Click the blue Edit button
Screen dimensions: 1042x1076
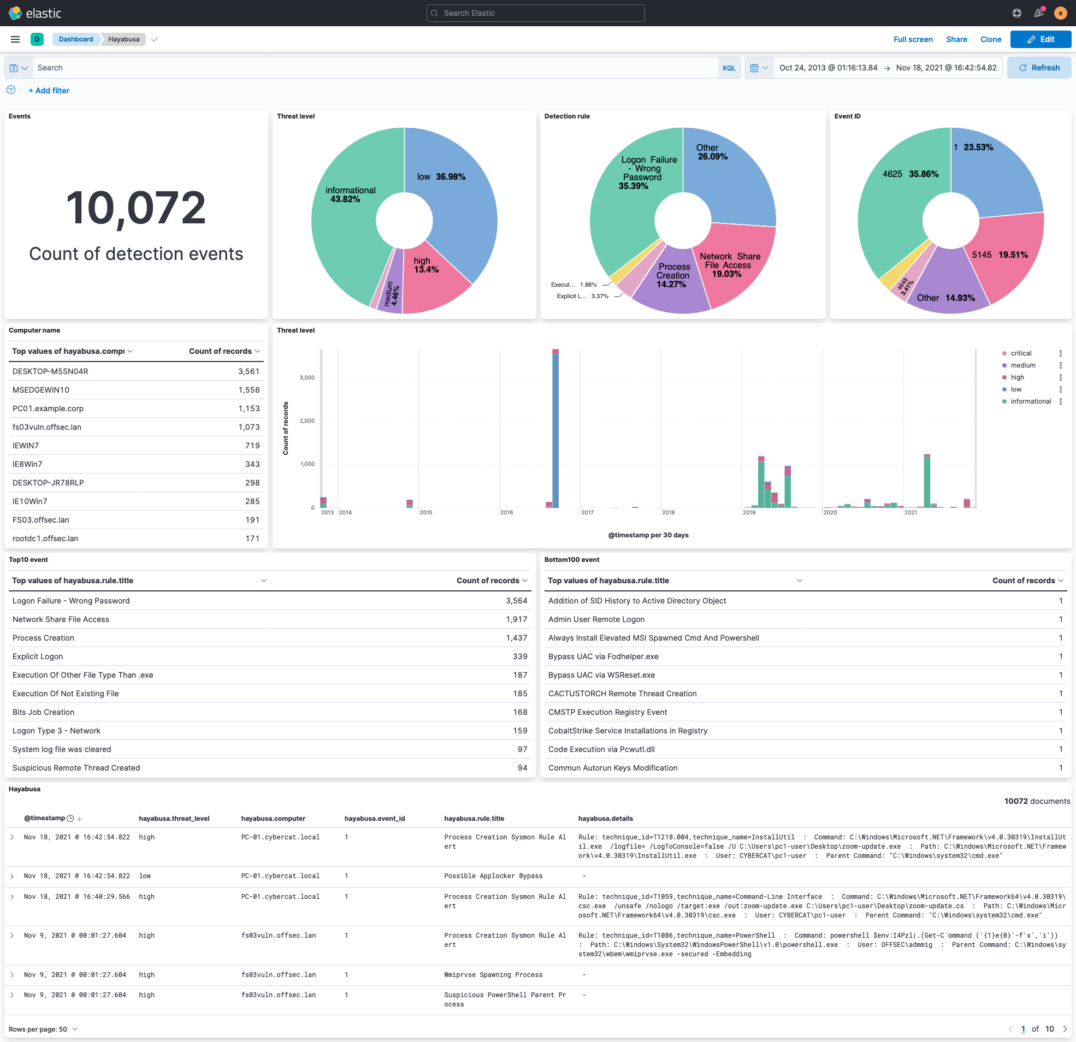point(1040,39)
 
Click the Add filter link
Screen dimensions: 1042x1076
point(49,91)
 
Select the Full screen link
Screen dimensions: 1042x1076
point(912,39)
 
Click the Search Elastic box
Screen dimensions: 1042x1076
point(535,13)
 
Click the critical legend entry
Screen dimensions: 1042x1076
point(1020,353)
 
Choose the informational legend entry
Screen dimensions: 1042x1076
point(1031,401)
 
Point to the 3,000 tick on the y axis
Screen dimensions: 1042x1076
point(307,378)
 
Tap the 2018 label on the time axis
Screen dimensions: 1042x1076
point(668,512)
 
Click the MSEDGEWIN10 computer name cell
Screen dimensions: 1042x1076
point(41,390)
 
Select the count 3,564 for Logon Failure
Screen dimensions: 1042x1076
point(516,601)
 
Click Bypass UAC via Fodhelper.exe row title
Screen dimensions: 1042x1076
point(603,656)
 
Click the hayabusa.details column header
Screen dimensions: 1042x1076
point(605,819)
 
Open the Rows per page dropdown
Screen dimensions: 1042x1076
point(43,1029)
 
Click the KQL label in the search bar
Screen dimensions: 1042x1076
point(729,68)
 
